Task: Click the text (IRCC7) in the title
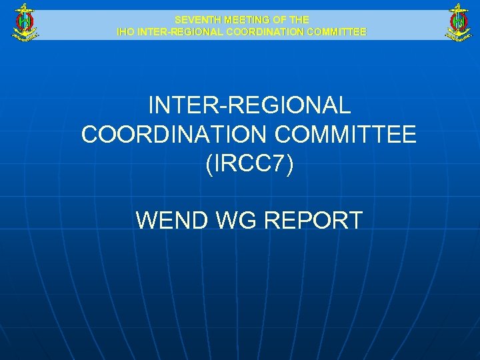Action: click(249, 163)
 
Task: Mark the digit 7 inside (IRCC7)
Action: click(277, 163)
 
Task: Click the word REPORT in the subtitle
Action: click(314, 220)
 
